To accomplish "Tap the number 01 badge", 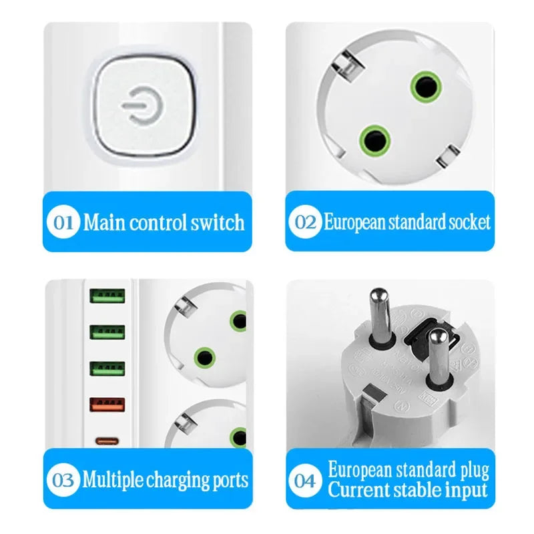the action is tap(63, 222).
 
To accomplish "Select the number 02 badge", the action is tap(305, 222).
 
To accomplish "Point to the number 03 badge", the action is tap(63, 480).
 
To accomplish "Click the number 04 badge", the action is tap(305, 481).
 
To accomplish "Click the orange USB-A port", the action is tap(107, 405).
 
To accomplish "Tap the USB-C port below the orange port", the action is tap(107, 442).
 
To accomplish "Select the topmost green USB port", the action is tap(107, 296).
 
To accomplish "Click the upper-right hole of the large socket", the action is tap(427, 87).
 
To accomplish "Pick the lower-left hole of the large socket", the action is tap(374, 140).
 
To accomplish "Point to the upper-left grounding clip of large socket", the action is tap(346, 65).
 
